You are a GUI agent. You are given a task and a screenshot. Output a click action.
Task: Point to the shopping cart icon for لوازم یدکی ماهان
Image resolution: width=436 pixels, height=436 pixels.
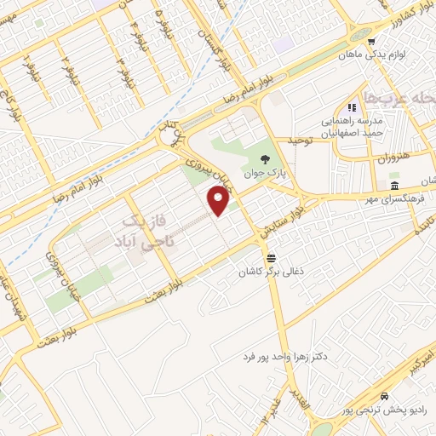tap(370, 41)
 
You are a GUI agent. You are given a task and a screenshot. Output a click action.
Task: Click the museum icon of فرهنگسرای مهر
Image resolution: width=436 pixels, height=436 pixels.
tap(394, 186)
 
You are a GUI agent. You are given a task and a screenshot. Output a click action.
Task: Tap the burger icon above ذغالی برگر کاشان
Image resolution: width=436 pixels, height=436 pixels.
tap(270, 257)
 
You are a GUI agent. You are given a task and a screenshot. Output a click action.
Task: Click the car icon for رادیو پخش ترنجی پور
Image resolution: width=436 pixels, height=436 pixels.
tap(386, 397)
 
